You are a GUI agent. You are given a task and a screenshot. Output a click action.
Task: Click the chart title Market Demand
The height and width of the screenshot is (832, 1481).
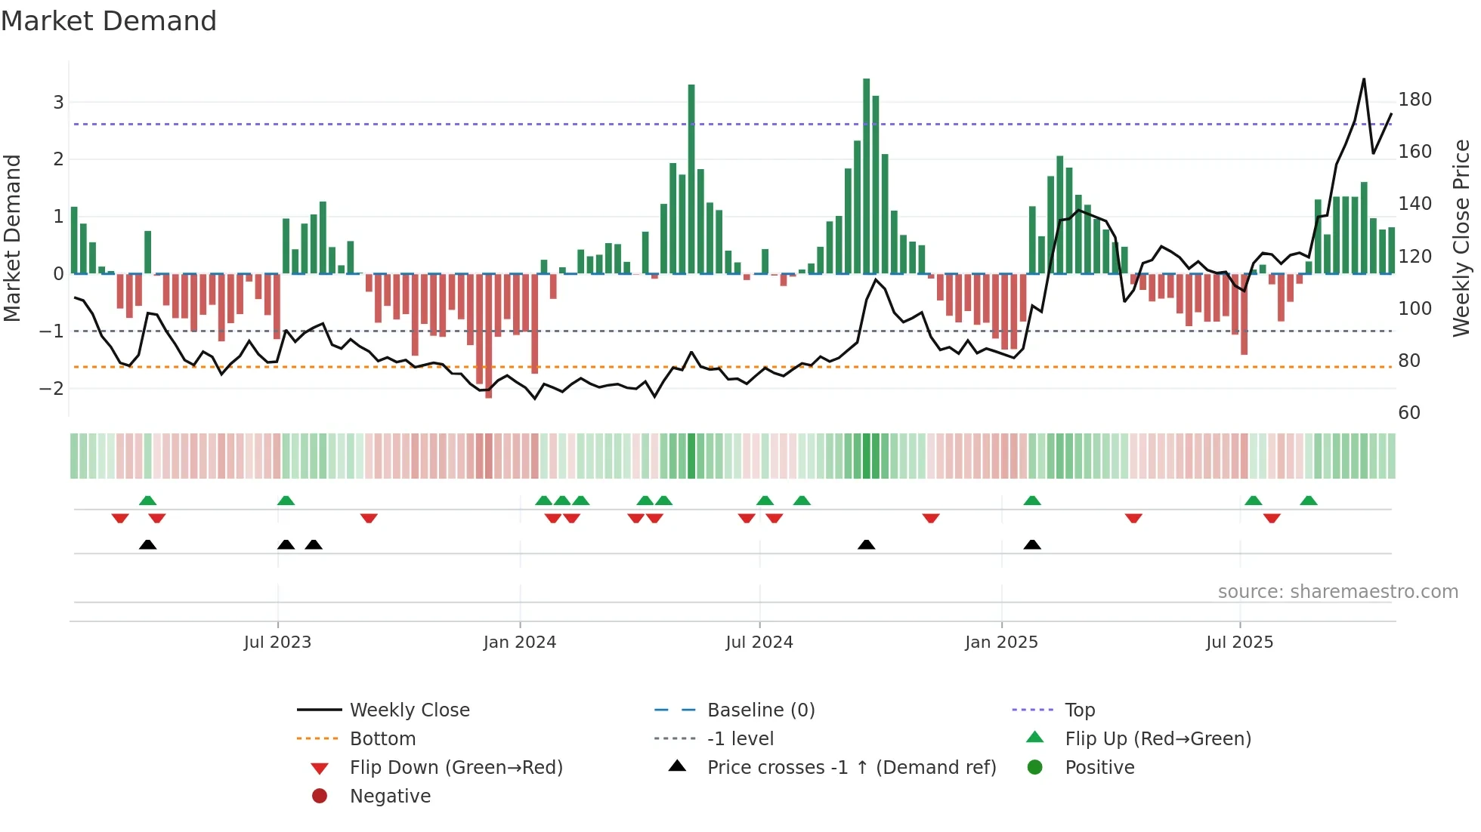109,21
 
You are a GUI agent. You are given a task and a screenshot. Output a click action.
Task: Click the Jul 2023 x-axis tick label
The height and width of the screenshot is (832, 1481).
277,642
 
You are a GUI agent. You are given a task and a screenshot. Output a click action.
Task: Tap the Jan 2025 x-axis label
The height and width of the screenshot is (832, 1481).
1001,642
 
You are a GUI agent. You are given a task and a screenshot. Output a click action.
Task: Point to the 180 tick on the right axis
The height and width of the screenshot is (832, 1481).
1415,100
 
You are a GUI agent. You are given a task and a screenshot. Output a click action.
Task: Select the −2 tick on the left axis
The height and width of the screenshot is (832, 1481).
51,389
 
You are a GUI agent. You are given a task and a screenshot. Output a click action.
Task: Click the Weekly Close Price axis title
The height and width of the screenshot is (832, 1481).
1461,238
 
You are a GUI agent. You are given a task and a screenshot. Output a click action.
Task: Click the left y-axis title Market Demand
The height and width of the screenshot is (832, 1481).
13,238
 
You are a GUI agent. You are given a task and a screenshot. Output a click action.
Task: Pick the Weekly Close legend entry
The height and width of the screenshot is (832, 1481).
409,710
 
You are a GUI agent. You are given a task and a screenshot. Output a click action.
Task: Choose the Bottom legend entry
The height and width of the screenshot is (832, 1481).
382,739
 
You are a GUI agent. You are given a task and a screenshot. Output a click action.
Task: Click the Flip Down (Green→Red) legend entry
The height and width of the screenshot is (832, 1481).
456,768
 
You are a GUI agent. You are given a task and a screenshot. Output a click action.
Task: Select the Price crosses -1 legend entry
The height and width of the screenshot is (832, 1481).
851,768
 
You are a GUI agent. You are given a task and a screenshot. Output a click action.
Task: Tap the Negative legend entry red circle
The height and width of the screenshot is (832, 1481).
320,797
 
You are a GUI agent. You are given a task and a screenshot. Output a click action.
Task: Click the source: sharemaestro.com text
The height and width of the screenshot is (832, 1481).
1337,592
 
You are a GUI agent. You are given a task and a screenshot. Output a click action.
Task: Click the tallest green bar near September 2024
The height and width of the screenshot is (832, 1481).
866,175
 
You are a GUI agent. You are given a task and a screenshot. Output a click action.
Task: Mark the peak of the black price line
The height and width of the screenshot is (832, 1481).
1364,79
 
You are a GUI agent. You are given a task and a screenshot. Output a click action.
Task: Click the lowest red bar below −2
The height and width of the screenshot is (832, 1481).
488,336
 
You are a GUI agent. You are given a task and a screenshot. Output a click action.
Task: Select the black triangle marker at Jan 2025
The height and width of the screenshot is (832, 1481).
1032,545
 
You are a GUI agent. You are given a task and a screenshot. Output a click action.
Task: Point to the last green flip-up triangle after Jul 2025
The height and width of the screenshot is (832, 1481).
1309,501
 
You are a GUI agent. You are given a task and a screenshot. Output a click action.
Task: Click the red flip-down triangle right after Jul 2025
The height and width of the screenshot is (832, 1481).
1272,518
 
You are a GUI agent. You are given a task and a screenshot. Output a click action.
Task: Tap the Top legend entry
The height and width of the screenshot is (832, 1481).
1080,710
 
